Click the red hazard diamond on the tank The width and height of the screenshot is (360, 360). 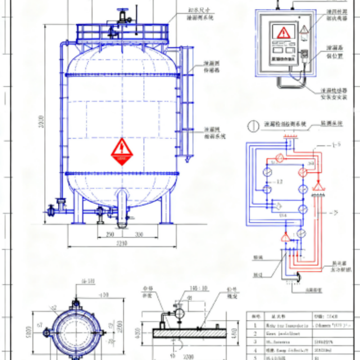(x=122, y=152)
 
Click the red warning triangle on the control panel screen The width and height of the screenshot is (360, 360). (x=283, y=32)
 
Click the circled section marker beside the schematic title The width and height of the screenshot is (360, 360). (x=254, y=126)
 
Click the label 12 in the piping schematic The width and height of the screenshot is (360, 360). (x=280, y=181)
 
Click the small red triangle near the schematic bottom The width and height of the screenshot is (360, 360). (x=285, y=237)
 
